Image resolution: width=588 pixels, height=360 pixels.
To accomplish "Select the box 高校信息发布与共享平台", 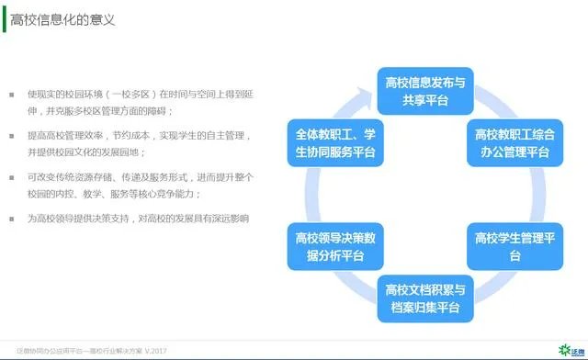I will [x=424, y=90].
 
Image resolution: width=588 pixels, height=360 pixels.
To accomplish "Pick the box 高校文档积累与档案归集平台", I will [x=424, y=298].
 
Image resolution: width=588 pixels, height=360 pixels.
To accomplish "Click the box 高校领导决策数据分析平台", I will [x=332, y=245].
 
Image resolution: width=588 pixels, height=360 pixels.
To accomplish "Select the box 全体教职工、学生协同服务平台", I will [x=332, y=143].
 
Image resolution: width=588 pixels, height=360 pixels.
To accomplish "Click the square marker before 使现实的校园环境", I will [x=12, y=95].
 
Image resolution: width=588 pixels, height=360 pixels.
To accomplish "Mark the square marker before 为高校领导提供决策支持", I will [x=12, y=219].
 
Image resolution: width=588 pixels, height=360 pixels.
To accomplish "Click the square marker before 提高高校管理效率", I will [x=12, y=136].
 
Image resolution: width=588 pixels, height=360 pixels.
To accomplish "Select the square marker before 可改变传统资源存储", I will [x=12, y=177].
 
